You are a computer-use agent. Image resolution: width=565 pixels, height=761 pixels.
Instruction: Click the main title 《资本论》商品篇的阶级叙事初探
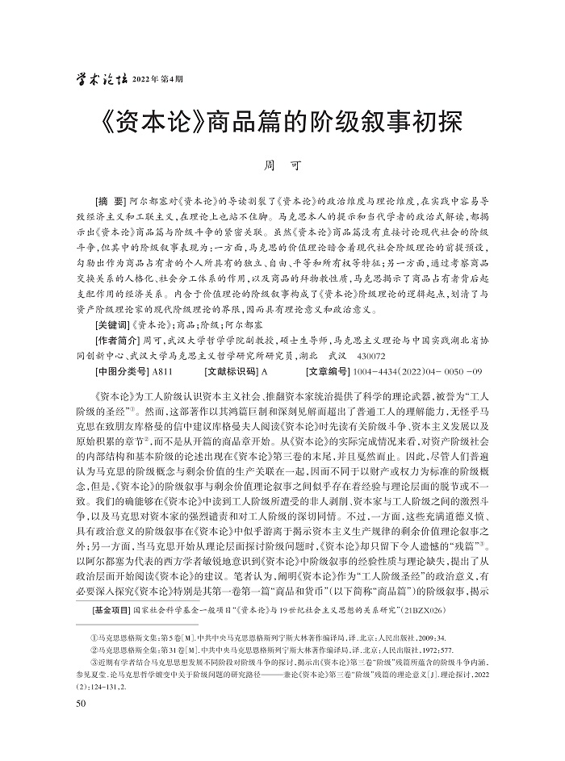point(282,124)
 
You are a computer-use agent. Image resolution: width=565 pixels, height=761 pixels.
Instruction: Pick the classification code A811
point(164,372)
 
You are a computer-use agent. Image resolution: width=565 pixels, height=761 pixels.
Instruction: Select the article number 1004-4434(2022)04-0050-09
point(423,372)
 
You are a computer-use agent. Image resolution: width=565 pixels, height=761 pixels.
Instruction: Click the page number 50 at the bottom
point(80,704)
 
